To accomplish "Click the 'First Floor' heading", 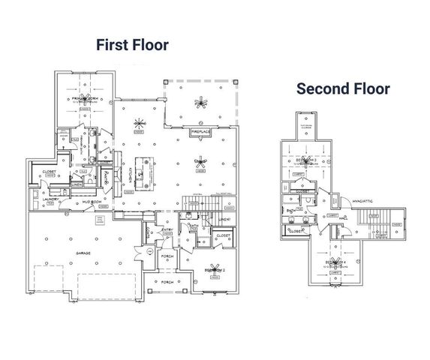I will click(132, 45).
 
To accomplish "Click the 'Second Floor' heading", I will click(343, 88).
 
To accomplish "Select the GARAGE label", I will click(83, 253).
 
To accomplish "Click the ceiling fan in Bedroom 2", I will click(216, 268).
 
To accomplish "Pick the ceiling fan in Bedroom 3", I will click(305, 161).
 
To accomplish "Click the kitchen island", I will click(138, 166).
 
